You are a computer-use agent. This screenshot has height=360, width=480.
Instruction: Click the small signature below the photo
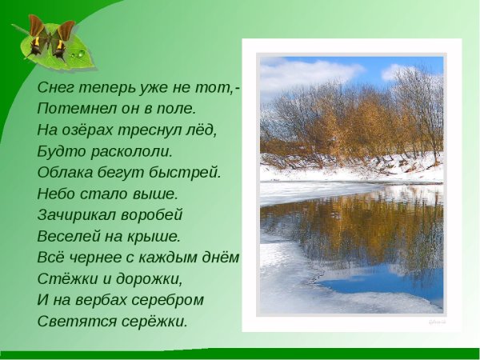(x=437, y=321)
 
